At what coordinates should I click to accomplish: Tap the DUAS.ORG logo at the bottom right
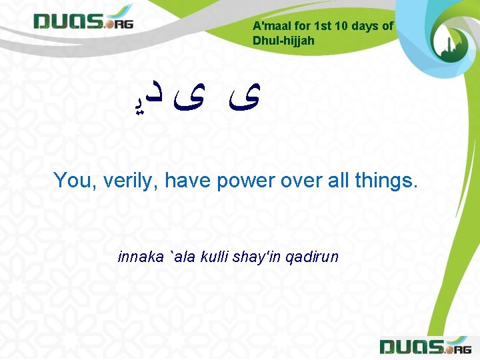[425, 346]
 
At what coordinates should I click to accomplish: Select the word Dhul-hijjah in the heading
[283, 41]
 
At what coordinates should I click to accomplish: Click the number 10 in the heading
[341, 26]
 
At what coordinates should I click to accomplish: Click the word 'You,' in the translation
[74, 180]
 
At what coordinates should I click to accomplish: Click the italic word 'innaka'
[140, 256]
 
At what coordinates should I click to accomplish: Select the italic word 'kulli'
[209, 256]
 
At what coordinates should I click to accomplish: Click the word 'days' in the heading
[366, 26]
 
